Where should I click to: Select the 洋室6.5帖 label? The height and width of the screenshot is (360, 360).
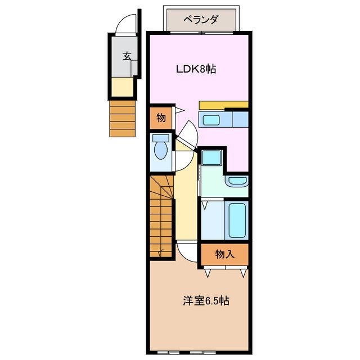pos(205,300)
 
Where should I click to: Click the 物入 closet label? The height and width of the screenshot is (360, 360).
pos(224,254)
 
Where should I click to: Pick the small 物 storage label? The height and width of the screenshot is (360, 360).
pos(160,118)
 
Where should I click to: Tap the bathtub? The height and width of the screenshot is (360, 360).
pos(237,219)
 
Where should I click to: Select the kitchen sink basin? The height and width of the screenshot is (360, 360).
pos(212,119)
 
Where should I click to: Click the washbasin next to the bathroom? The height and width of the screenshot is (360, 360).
pos(237,181)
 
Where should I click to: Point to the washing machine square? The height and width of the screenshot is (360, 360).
pos(212,158)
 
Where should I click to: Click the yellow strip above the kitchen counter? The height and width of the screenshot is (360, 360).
pos(224,105)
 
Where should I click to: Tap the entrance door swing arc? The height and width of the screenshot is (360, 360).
pos(123,24)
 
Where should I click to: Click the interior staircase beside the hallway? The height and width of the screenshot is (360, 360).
pos(160,217)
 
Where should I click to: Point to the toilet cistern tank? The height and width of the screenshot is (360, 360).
pos(161,138)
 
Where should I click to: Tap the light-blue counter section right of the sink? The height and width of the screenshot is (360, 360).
pos(240,119)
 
